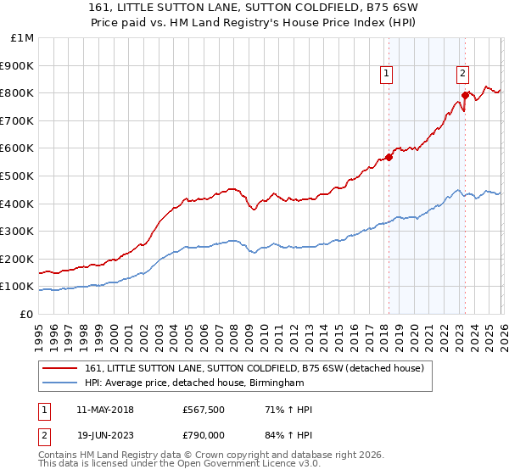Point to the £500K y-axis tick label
click(18, 176)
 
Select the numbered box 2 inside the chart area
click(463, 74)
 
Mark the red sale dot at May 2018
click(389, 157)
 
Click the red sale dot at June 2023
click(466, 95)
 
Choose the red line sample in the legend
click(61, 368)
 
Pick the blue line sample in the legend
click(61, 383)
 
